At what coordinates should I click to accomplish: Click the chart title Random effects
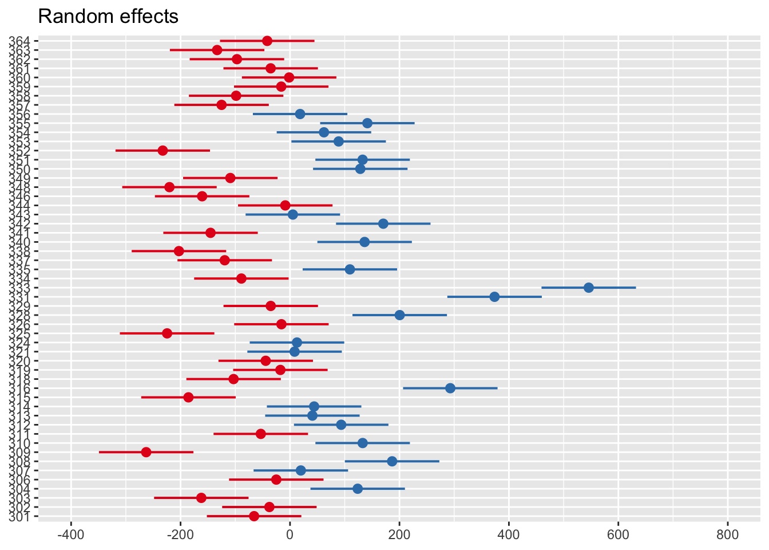(108, 17)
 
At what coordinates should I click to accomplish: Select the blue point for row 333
(588, 288)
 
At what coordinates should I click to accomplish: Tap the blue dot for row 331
(494, 297)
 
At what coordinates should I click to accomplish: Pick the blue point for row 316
(450, 388)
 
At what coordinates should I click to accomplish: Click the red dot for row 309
(146, 452)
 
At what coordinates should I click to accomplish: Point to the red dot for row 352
(162, 151)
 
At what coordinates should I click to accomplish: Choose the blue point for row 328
(399, 315)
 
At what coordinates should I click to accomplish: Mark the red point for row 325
(167, 333)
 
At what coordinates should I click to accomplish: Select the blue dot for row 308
(392, 461)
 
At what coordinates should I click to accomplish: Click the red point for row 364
(267, 41)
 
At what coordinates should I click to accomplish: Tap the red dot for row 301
(254, 516)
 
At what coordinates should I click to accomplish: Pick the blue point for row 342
(383, 223)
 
